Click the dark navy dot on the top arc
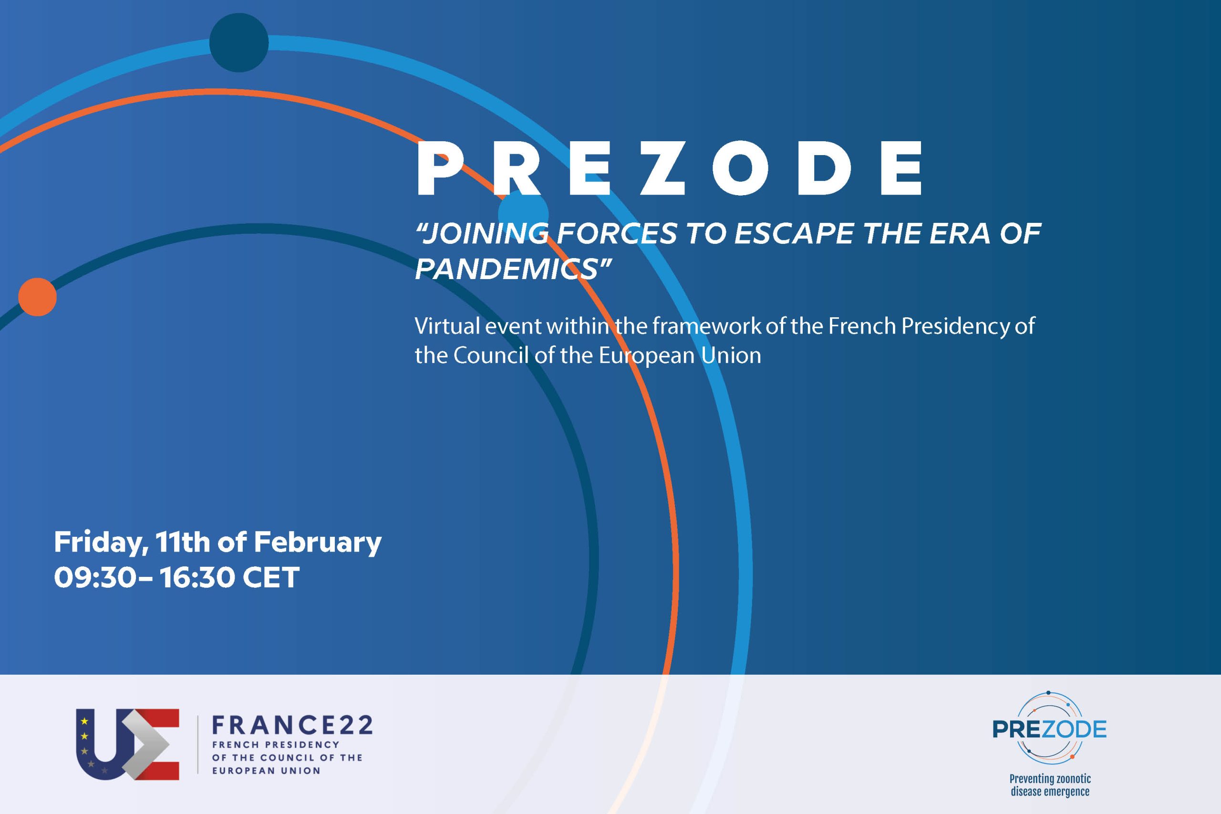[x=238, y=42]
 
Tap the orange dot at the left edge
[x=37, y=297]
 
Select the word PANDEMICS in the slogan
[x=506, y=270]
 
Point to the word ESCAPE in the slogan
[x=794, y=233]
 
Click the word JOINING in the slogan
[x=486, y=233]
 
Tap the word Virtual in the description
[x=447, y=326]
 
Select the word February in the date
[x=317, y=543]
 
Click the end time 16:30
[x=197, y=577]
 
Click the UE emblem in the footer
[x=128, y=744]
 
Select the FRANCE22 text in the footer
[x=292, y=725]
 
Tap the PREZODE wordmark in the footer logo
[x=1049, y=730]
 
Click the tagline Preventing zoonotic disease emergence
[x=1050, y=785]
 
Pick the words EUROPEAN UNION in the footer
[x=266, y=771]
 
